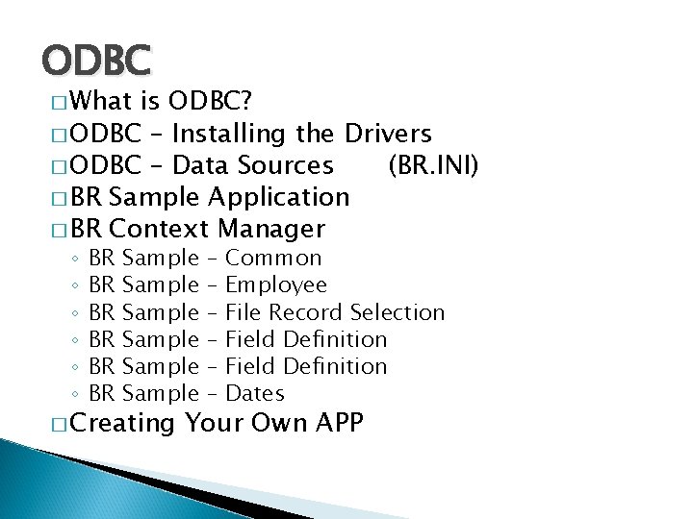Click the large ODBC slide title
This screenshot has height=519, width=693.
pyautogui.click(x=96, y=62)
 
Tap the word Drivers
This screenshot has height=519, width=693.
pyautogui.click(x=389, y=134)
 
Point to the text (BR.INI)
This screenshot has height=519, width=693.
pyautogui.click(x=432, y=165)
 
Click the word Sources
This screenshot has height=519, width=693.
pyautogui.click(x=287, y=165)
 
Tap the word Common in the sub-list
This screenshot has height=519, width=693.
pyautogui.click(x=273, y=258)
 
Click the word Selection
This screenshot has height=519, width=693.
pyautogui.click(x=398, y=312)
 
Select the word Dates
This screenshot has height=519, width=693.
pyautogui.click(x=254, y=393)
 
